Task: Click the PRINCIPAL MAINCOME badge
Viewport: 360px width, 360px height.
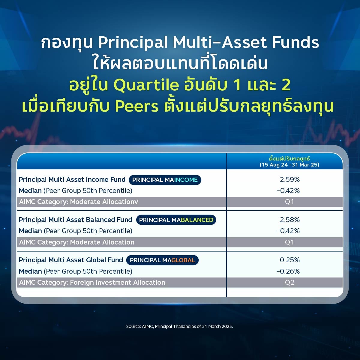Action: pos(165,180)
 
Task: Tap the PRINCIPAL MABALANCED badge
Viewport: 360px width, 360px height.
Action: pos(176,220)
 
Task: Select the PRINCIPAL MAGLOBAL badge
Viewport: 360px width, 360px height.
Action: pos(162,260)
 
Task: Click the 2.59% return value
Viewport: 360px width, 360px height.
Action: pos(289,179)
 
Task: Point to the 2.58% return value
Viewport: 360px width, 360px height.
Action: pos(289,220)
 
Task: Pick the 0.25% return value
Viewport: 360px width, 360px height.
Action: pos(289,260)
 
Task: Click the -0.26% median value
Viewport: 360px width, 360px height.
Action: pos(288,271)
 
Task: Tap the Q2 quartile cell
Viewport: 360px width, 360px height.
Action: pos(289,282)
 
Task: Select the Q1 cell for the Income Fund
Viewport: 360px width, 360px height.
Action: pos(289,202)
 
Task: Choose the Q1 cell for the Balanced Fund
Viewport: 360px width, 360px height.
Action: pos(289,242)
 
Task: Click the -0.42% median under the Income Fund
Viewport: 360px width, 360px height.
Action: pos(288,191)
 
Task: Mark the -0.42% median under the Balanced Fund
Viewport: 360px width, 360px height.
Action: pos(288,231)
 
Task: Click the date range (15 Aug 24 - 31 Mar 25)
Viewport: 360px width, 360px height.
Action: pos(289,165)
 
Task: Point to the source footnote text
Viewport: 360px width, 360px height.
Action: pos(179,326)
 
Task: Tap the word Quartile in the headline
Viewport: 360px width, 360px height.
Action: pos(146,85)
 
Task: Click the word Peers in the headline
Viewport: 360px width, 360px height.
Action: pos(137,107)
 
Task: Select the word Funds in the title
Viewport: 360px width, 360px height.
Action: pos(295,42)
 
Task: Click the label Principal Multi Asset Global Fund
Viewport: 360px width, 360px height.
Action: pos(71,260)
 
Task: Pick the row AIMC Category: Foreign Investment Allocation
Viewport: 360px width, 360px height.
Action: pos(92,283)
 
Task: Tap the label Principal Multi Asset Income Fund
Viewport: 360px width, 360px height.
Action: pos(72,179)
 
